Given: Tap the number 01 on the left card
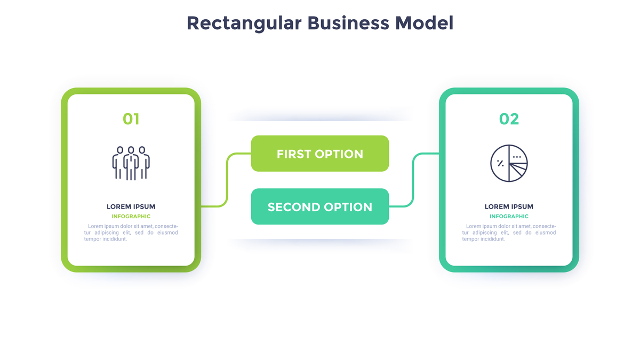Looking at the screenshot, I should tap(131, 119).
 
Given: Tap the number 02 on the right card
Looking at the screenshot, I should tap(509, 119).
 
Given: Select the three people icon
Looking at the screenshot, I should tap(131, 163).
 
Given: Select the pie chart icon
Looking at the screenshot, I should tap(509, 163).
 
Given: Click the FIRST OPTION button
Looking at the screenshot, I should tap(320, 154).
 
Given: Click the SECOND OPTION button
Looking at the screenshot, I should tap(320, 207).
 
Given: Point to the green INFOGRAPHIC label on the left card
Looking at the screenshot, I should tap(131, 217).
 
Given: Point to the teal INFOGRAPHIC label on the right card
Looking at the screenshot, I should tap(509, 217).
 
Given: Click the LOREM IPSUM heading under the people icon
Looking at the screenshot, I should tap(131, 206).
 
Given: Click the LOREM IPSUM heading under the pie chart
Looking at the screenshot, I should tap(509, 206).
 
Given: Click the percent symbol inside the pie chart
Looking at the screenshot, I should tap(500, 163).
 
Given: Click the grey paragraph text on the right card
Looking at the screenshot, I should tap(509, 233).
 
